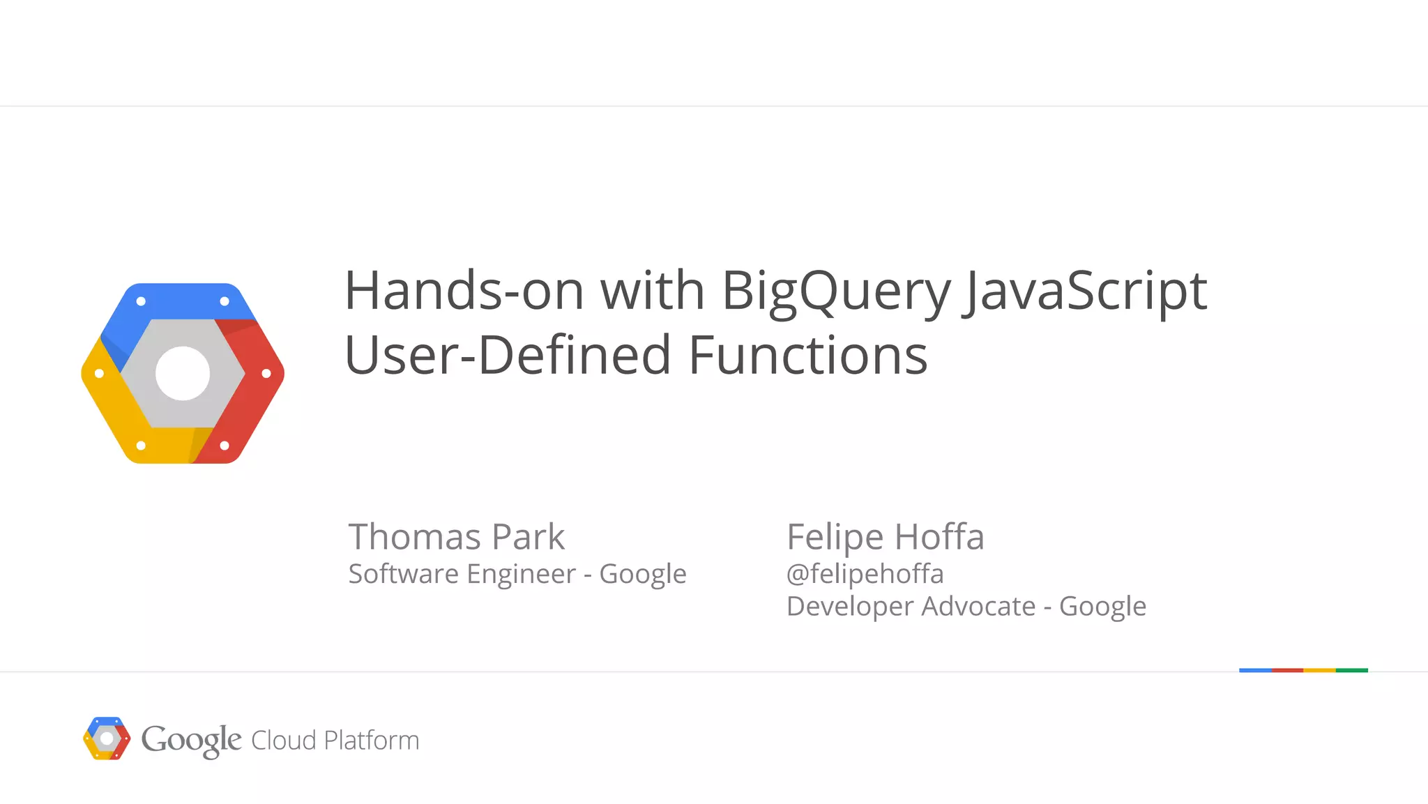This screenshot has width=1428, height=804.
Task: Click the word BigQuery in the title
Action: click(x=835, y=291)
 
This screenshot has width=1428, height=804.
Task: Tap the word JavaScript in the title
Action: click(x=1085, y=291)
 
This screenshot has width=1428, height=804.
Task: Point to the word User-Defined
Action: click(x=508, y=356)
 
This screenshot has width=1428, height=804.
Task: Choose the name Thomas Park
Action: click(x=456, y=537)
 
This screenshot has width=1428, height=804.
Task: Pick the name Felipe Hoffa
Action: click(x=885, y=537)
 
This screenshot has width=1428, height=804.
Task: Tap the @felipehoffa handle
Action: click(x=865, y=574)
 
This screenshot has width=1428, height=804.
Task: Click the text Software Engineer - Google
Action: click(x=517, y=574)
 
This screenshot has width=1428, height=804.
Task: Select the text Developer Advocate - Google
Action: click(x=966, y=607)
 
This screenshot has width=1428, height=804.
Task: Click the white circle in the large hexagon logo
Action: click(x=183, y=374)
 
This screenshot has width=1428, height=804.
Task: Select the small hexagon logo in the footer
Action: click(x=107, y=738)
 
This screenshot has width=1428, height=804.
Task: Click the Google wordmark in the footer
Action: click(x=191, y=740)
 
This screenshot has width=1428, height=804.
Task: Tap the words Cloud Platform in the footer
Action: click(x=335, y=741)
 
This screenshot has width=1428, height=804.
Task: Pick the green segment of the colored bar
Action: click(x=1351, y=670)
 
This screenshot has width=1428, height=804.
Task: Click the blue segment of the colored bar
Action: click(x=1255, y=670)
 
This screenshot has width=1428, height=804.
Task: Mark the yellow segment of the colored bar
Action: click(x=1319, y=670)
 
